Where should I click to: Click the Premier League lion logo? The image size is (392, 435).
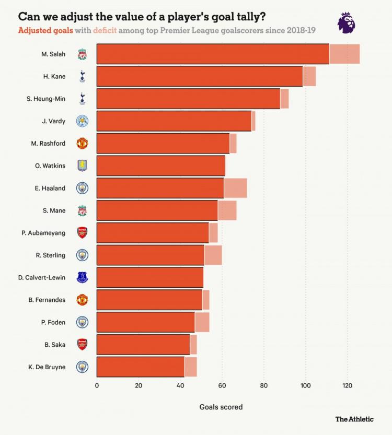click(347, 23)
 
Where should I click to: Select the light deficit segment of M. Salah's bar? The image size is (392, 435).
click(344, 54)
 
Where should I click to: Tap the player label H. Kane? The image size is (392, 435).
click(54, 76)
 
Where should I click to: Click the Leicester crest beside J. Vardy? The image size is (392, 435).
click(82, 121)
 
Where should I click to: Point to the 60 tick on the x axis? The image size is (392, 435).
click(222, 386)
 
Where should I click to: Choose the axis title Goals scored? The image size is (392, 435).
click(221, 407)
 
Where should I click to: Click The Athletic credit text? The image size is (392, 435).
click(354, 419)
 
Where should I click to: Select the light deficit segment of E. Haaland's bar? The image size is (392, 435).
click(235, 188)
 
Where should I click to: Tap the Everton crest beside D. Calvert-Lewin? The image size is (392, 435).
click(82, 277)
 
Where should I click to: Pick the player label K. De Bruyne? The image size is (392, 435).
click(47, 367)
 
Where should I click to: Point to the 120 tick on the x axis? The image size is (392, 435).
click(347, 386)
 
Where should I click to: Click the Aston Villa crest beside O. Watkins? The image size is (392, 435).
click(82, 166)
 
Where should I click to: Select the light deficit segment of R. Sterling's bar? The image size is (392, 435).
click(213, 255)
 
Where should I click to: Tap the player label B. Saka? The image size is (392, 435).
click(55, 344)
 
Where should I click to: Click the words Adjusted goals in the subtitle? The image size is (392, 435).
click(45, 30)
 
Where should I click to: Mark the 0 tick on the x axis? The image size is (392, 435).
click(97, 386)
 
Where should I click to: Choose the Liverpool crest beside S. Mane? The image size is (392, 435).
click(82, 210)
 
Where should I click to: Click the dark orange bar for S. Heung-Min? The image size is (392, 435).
click(188, 99)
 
